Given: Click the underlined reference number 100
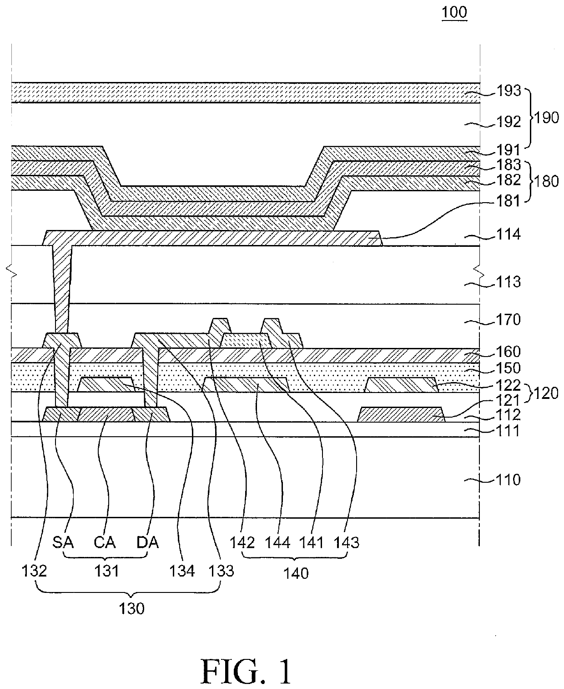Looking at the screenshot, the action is [454, 13].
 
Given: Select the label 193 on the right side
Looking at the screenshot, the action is [509, 91].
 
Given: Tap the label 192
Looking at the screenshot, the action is [509, 122].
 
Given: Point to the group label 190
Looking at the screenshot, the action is [547, 117].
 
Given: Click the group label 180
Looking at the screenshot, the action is [547, 181].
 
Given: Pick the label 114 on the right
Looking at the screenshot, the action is [509, 235].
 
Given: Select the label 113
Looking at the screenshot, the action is [509, 282].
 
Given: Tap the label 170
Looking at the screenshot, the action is [509, 320].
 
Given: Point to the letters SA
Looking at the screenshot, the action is [63, 543].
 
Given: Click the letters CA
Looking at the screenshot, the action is [105, 543].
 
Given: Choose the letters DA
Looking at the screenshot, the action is [147, 543].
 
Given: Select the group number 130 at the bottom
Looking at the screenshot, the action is [131, 609].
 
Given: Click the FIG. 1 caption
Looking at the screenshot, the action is [247, 672].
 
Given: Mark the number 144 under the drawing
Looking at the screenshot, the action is [277, 543].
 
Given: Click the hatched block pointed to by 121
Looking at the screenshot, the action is [401, 414].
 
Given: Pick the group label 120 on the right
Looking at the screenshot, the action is [546, 393].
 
